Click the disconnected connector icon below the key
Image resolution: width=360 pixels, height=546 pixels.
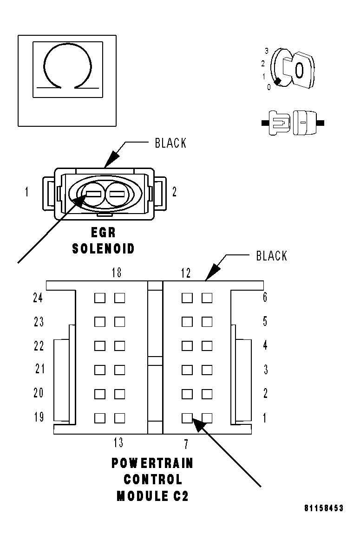click(x=293, y=123)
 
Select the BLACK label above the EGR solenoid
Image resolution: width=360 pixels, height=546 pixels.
click(x=170, y=143)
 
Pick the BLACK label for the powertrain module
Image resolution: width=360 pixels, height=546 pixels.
click(x=271, y=256)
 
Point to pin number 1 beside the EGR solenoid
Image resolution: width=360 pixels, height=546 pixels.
click(x=26, y=192)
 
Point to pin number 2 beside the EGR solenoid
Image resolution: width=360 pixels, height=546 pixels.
click(x=174, y=192)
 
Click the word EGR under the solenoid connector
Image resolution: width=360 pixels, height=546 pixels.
click(x=103, y=233)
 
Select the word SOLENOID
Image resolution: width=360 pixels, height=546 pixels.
click(x=103, y=248)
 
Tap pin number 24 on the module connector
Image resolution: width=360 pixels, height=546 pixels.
click(x=38, y=298)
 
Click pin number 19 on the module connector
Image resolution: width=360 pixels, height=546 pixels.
click(x=39, y=417)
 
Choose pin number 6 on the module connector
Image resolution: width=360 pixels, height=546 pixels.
click(x=265, y=298)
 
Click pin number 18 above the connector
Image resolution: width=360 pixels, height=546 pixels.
click(x=116, y=273)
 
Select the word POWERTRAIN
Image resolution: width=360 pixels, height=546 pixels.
click(x=152, y=463)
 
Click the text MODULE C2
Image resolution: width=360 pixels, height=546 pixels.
click(x=152, y=496)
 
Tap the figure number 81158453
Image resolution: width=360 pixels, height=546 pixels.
click(x=323, y=508)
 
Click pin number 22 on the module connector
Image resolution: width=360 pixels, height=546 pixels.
click(x=39, y=345)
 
